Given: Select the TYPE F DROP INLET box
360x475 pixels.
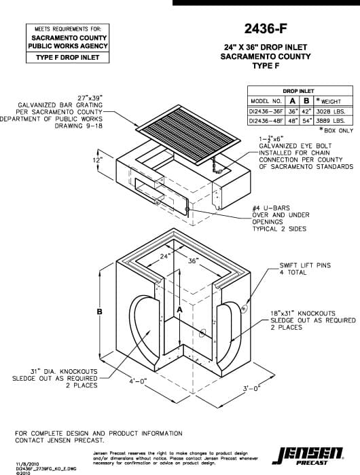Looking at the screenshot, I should (x=68, y=58).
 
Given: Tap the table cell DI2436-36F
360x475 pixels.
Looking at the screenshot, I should (x=265, y=111).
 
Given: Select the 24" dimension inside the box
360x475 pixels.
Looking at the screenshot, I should (x=165, y=256).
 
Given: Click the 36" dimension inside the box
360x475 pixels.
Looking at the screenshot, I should (x=193, y=261).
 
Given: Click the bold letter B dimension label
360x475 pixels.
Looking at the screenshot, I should (x=99, y=311).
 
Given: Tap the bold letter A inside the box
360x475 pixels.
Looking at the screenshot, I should (x=179, y=309).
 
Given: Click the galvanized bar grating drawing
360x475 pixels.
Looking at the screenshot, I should (x=178, y=130).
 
